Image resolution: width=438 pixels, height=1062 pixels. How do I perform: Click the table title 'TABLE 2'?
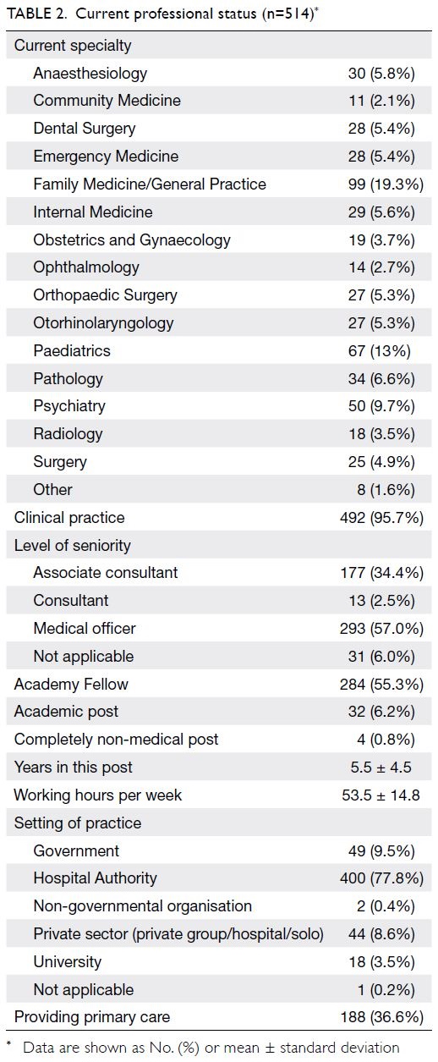tap(36, 14)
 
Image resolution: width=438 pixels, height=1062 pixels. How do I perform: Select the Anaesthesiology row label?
tap(90, 73)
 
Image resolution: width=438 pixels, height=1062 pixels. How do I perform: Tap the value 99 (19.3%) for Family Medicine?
tap(386, 184)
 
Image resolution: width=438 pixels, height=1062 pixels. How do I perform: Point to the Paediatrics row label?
tap(72, 351)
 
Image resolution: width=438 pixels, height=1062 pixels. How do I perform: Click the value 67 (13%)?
tap(380, 351)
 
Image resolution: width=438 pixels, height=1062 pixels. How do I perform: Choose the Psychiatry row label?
tap(69, 406)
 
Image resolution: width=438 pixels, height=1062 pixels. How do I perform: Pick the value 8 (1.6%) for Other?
tap(386, 490)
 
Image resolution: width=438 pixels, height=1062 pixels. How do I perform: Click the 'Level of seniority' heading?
tap(73, 546)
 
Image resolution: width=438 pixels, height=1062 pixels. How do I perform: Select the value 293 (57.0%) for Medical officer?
tap(381, 629)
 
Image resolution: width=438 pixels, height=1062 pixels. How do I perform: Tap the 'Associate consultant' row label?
tap(105, 573)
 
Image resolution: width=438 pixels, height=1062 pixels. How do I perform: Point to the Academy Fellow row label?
tap(71, 684)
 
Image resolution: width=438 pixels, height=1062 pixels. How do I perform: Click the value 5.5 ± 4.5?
tap(381, 768)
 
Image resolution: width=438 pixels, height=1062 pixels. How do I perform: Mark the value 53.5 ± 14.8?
tap(381, 795)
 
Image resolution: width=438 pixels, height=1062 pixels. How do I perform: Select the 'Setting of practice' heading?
tap(78, 823)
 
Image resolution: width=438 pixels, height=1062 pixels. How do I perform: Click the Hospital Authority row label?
tap(95, 878)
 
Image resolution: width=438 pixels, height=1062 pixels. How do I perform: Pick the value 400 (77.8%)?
tap(381, 878)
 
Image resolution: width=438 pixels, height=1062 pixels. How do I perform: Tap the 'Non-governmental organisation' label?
tap(143, 906)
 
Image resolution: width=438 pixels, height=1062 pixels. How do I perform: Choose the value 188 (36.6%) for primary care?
tap(381, 1017)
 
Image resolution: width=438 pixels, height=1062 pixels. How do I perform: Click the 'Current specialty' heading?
tap(73, 46)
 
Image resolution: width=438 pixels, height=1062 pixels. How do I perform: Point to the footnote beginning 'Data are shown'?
tap(211, 1048)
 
